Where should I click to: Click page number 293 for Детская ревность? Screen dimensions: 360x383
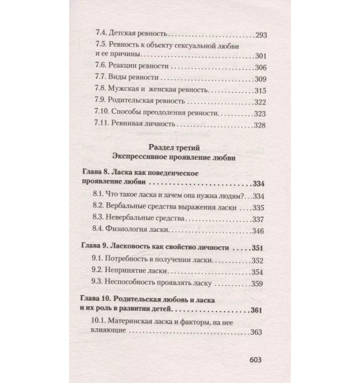257,35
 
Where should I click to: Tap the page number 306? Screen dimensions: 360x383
257,67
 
